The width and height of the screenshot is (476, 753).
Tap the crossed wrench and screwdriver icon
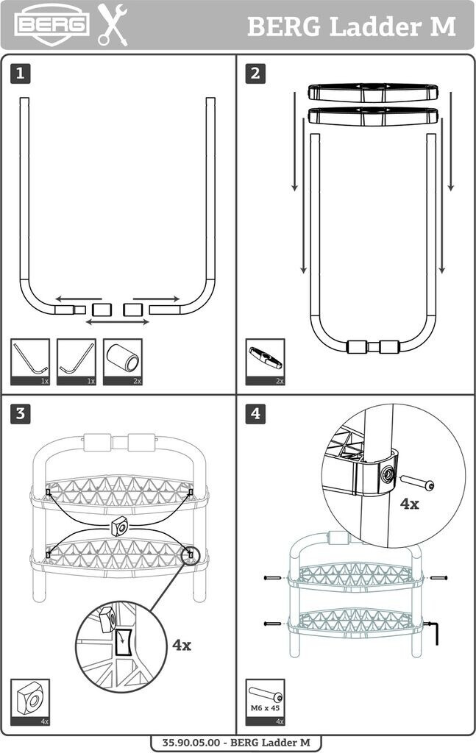click(113, 25)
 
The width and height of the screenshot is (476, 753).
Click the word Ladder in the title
click(375, 26)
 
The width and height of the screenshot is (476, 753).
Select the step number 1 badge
click(20, 74)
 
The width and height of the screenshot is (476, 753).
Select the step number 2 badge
click(255, 74)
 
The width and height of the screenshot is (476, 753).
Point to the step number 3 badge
click(20, 413)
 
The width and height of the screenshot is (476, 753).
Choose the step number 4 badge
click(255, 413)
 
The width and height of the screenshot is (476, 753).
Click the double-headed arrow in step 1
click(117, 322)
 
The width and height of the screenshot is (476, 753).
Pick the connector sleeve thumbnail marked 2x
click(122, 362)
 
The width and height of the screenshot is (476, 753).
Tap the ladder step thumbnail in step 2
click(265, 362)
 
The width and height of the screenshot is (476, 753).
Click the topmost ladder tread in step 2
click(373, 93)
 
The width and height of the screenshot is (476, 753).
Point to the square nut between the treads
click(118, 526)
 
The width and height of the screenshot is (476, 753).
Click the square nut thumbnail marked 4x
click(30, 702)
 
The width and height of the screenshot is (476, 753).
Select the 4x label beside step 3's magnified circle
click(182, 644)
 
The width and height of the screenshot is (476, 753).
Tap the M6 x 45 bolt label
click(265, 708)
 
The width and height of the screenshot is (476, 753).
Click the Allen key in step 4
click(433, 632)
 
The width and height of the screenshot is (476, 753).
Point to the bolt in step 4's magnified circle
click(417, 482)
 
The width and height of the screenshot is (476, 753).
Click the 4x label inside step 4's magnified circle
click(409, 504)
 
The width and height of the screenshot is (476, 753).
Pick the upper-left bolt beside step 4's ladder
click(272, 578)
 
